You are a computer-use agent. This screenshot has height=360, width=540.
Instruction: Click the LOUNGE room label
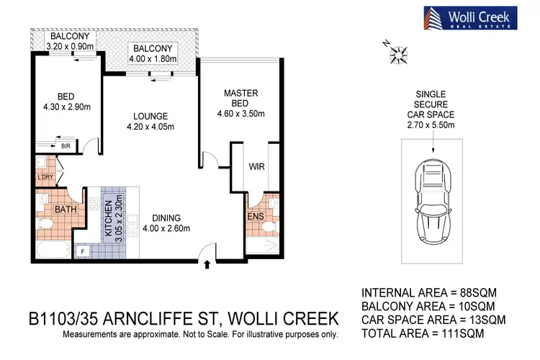tap(150, 116)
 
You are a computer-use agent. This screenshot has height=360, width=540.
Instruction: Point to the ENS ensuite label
tap(254, 216)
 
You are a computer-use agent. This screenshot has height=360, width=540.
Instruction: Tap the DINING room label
tap(165, 218)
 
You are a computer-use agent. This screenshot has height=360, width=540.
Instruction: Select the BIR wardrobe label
tap(66, 145)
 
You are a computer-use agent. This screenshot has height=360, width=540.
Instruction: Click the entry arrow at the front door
tap(209, 264)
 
